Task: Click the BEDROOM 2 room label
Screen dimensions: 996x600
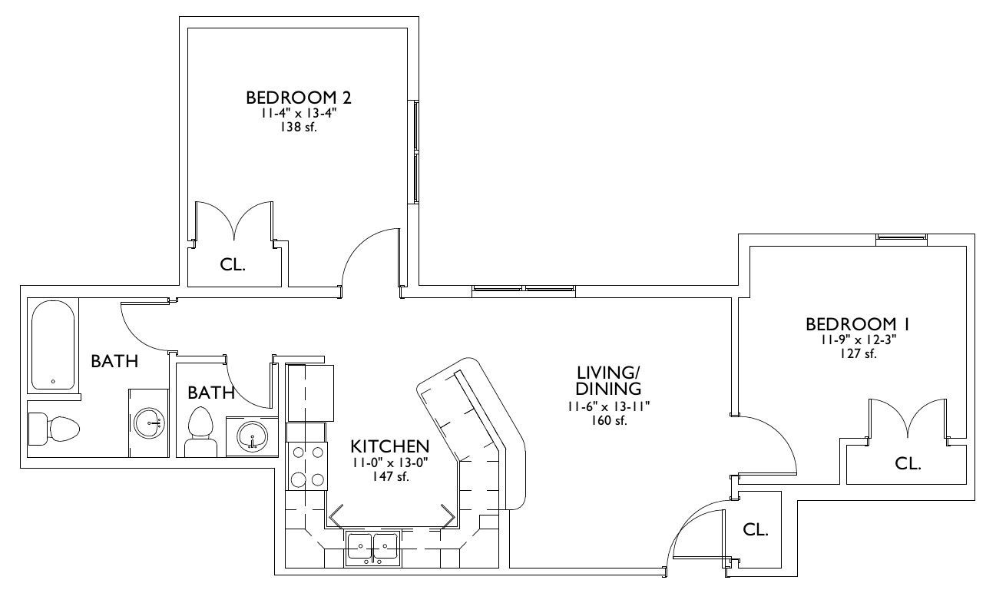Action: click(x=299, y=98)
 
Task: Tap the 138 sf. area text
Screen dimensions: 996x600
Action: click(x=299, y=128)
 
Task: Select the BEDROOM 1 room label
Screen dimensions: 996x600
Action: click(x=858, y=324)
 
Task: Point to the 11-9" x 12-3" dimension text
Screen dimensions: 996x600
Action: click(x=859, y=340)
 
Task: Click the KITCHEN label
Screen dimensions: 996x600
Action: click(x=390, y=446)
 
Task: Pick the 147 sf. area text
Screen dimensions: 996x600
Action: click(x=390, y=476)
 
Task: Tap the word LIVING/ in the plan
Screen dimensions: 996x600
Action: click(x=608, y=373)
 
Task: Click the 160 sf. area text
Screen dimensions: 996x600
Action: click(x=609, y=420)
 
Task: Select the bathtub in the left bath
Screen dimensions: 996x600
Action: click(x=53, y=346)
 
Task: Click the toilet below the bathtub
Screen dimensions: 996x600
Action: click(x=54, y=429)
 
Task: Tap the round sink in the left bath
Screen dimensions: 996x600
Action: click(x=150, y=423)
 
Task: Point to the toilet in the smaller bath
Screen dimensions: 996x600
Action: click(x=200, y=432)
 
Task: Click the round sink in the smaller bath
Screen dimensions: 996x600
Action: click(x=252, y=436)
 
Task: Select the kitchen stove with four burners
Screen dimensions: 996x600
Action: click(x=307, y=466)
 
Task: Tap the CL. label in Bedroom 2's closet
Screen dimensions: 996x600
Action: click(x=233, y=265)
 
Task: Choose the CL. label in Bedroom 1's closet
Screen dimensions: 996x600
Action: click(x=908, y=464)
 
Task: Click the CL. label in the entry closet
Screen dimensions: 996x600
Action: click(x=756, y=529)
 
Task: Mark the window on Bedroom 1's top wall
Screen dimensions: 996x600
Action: click(x=902, y=240)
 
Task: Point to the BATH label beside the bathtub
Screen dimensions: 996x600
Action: click(x=114, y=362)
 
